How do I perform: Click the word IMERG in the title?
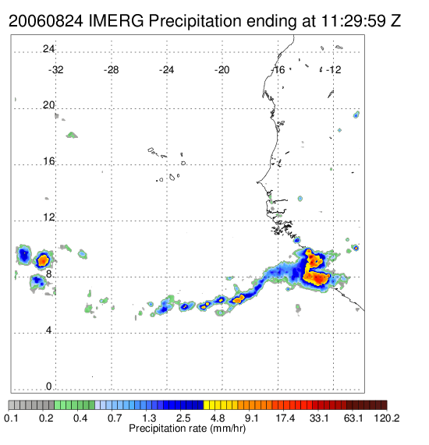click(x=116, y=21)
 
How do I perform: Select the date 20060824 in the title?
click(x=46, y=21)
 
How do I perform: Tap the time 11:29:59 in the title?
click(x=353, y=21)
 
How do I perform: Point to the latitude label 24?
click(x=48, y=49)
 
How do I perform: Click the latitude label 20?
click(x=48, y=105)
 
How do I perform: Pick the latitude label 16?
click(x=48, y=161)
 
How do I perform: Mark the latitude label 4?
click(x=49, y=330)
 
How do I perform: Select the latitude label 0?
click(x=49, y=387)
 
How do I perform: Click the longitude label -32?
click(x=55, y=69)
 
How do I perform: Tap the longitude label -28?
click(x=111, y=69)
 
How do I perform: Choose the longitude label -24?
click(x=166, y=69)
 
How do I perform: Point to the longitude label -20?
click(x=222, y=69)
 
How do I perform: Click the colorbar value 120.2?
click(x=387, y=418)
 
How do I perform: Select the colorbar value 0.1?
click(x=12, y=418)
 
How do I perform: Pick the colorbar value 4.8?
click(x=218, y=418)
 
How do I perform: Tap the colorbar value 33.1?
click(x=319, y=418)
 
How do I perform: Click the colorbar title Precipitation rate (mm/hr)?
click(x=187, y=429)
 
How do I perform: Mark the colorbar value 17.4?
click(x=285, y=418)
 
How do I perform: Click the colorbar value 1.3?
click(x=149, y=418)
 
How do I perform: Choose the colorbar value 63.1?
click(x=353, y=418)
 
